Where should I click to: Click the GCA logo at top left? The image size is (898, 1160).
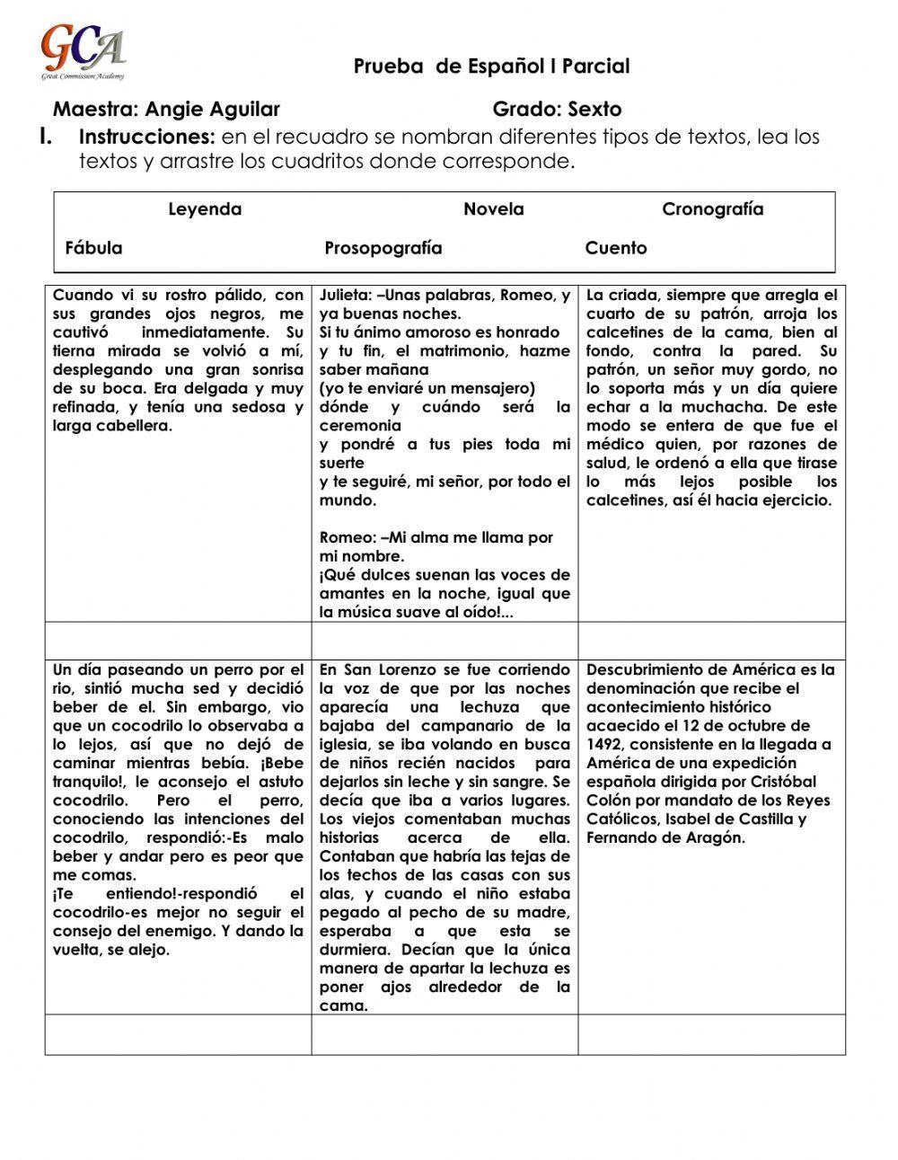click(83, 51)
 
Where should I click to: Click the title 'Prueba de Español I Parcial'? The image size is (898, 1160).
click(491, 66)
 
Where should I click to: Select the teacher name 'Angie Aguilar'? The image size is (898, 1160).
click(212, 110)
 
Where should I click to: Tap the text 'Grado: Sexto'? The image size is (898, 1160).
click(557, 110)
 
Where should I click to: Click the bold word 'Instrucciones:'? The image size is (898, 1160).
click(147, 137)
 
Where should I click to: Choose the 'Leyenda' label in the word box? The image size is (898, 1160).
click(205, 209)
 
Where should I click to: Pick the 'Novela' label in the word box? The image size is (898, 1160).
click(493, 209)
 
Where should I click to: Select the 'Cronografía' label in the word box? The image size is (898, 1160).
click(712, 209)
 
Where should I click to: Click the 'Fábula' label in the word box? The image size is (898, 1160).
click(93, 248)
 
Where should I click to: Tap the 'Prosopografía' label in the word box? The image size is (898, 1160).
click(383, 248)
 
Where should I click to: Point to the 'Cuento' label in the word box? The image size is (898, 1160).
click(615, 248)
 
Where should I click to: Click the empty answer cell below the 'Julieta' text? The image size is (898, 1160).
click(445, 640)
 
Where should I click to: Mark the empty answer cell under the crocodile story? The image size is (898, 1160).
click(178, 1034)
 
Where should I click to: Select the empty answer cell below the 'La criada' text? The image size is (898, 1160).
click(711, 640)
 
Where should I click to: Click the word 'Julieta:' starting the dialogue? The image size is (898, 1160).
click(346, 296)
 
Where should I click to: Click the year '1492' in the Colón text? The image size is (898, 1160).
click(606, 744)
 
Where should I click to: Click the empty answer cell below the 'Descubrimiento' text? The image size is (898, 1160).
click(711, 1034)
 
